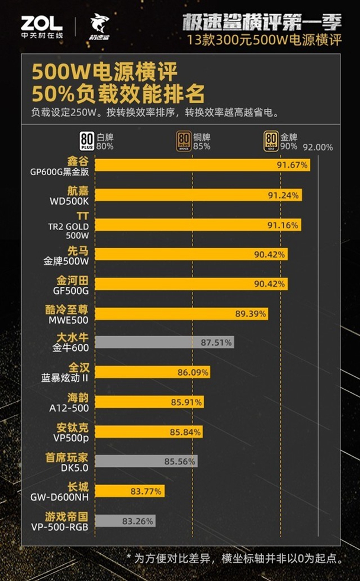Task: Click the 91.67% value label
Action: [x=292, y=166]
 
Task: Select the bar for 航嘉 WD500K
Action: [x=198, y=195]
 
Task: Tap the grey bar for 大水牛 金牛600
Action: [x=165, y=342]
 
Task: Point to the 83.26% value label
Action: [x=137, y=521]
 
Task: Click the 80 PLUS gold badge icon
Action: [x=271, y=140]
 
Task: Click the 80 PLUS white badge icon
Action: [x=87, y=140]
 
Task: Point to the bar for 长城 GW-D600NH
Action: [x=129, y=490]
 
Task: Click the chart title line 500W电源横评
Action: [x=104, y=73]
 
